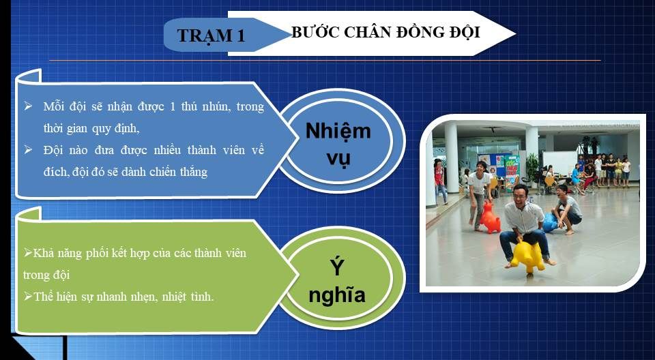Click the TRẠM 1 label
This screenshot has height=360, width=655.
coord(211,35)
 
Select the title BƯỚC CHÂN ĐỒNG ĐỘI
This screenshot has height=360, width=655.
coord(385,32)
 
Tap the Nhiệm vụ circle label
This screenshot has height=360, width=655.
coord(338,144)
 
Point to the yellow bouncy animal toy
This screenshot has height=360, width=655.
coord(528,255)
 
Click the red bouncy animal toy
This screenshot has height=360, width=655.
coord(490,218)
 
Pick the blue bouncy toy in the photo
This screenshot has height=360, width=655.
coord(549,222)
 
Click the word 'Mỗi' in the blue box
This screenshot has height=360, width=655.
coord(54,106)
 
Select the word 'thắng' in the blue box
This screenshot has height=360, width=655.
coord(194,172)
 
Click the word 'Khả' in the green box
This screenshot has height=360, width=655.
coord(40,253)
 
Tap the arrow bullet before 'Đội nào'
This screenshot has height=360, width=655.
coord(28,149)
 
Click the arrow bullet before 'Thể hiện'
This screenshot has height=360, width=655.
coord(28,296)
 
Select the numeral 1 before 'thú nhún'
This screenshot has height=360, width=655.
coord(173,106)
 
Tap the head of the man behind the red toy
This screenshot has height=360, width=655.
coord(482,166)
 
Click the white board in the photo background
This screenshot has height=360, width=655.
coord(559,163)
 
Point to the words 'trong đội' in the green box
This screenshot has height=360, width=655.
coord(46,275)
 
